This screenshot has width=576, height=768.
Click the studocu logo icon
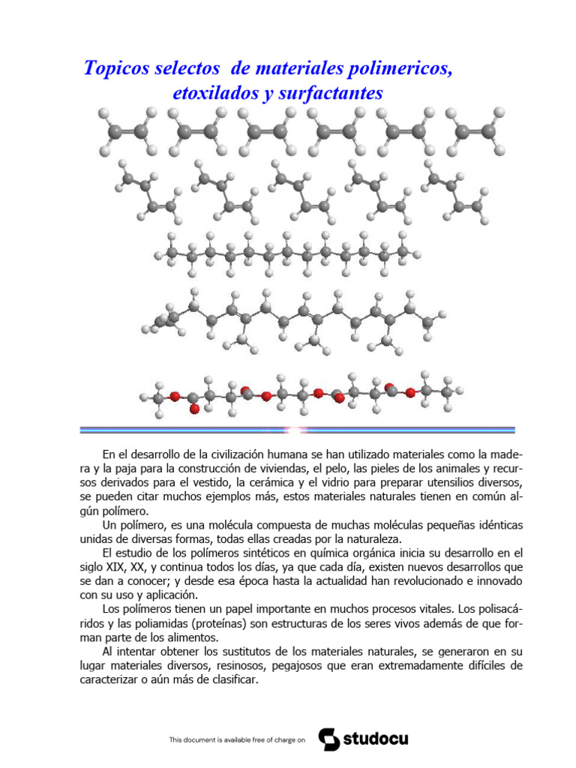pos(328,739)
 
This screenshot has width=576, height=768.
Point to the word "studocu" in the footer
pos(376,739)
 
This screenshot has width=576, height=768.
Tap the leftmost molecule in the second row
pos(148,194)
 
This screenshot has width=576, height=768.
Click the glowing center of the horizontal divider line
pos(290,430)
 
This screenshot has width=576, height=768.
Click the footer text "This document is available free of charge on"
pos(238,740)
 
